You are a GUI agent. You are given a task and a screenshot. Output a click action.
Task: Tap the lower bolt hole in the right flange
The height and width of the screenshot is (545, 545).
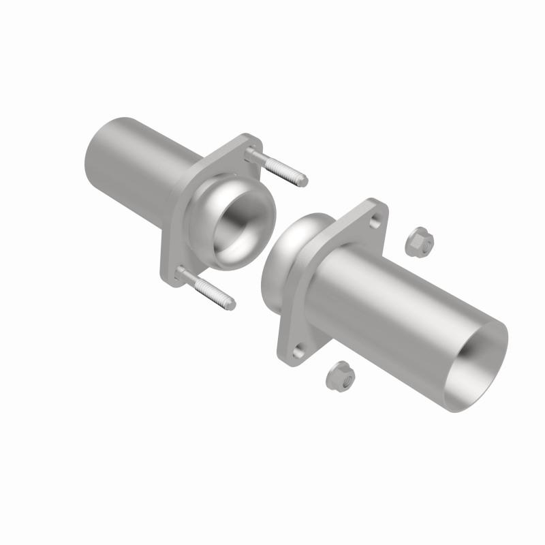coord(298,352)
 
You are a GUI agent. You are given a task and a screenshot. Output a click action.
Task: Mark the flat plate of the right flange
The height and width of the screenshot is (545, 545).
coord(341,225)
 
